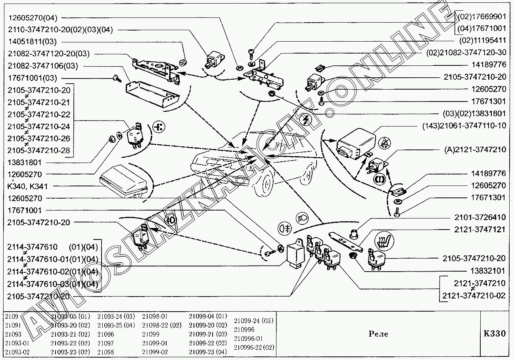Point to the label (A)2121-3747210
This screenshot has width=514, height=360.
click(474, 149)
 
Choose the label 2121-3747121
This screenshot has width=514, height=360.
click(480, 230)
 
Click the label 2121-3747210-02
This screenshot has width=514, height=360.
click(474, 295)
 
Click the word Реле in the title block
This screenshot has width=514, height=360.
click(378, 334)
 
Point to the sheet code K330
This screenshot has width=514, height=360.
click(495, 333)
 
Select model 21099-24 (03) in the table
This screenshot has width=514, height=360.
click(253, 320)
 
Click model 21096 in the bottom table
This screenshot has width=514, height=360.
click(105, 334)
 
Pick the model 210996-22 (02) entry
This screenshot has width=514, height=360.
click(254, 347)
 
